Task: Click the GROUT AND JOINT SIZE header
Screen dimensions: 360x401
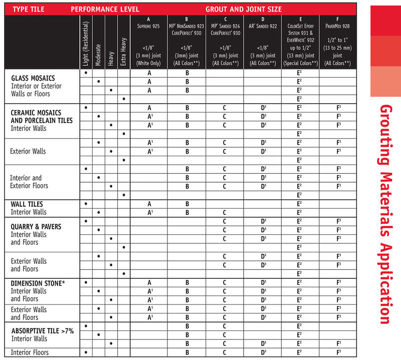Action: pyautogui.click(x=243, y=9)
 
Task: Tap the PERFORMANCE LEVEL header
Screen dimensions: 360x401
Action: pyautogui.click(x=105, y=9)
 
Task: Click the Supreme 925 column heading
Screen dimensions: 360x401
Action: pyautogui.click(x=149, y=26)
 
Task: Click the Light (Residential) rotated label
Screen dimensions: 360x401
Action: pyautogui.click(x=86, y=44)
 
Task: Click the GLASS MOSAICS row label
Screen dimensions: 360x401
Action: pyautogui.click(x=33, y=78)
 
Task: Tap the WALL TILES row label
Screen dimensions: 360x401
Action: pyautogui.click(x=27, y=204)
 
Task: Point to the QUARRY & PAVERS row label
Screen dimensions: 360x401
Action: pyautogui.click(x=36, y=227)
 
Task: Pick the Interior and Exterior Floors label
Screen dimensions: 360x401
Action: pyautogui.click(x=29, y=182)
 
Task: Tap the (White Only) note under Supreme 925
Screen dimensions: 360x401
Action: pyautogui.click(x=149, y=63)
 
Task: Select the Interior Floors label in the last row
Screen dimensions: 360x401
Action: pyautogui.click(x=30, y=352)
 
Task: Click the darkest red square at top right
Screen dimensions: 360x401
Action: pyautogui.click(x=385, y=21)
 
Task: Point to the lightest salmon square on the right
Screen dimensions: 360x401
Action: pyautogui.click(x=385, y=81)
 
